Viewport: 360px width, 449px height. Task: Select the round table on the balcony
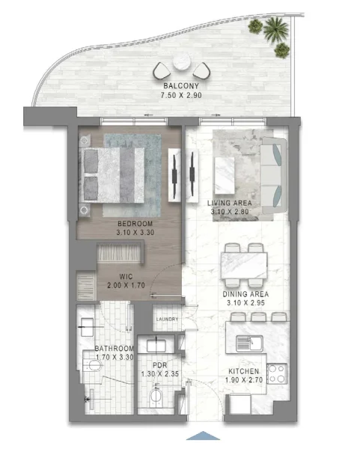[x=181, y=64]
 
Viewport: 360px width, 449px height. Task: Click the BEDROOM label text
[x=135, y=224]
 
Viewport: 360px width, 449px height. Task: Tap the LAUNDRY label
[x=166, y=320]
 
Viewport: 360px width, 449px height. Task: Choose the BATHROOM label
[x=114, y=349]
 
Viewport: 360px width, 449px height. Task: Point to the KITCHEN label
[x=244, y=372]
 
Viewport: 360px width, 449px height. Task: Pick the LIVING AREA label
[x=229, y=203]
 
